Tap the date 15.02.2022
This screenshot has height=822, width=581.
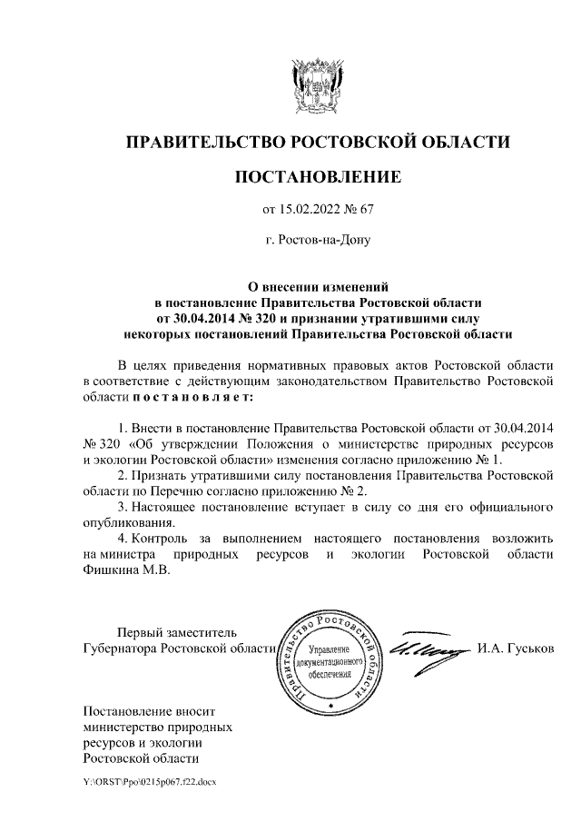pos(313,210)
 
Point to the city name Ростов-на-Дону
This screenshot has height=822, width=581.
pos(317,241)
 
